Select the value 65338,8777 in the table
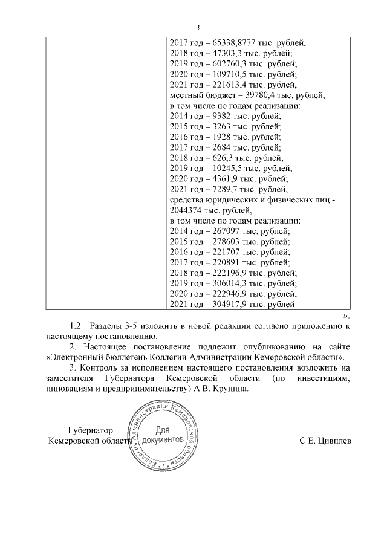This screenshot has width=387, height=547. [227, 44]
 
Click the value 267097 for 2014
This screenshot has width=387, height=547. [221, 231]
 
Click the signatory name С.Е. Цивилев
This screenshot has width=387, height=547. [325, 441]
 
